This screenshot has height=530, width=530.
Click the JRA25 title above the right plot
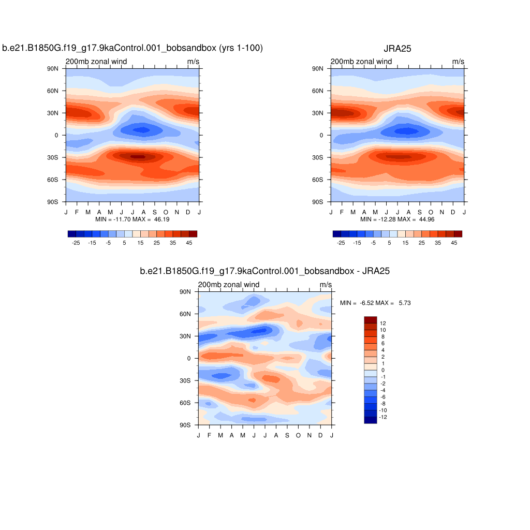coord(397,49)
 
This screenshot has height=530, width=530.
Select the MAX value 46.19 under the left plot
coord(162,219)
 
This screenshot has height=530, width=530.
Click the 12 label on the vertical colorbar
coord(383,323)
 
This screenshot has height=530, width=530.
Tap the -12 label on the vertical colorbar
coord(384,417)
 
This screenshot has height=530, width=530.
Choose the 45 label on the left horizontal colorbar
coord(189,242)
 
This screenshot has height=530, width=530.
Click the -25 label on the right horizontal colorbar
coord(341,242)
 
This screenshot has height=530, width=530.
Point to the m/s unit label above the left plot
coord(193,62)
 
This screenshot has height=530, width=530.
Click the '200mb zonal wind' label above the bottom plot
coord(228,285)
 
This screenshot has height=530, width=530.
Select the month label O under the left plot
coord(166,212)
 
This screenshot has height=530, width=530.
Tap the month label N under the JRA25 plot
coord(442,212)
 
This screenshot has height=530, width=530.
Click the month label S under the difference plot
coord(287,435)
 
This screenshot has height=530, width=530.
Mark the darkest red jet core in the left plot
coord(138,156)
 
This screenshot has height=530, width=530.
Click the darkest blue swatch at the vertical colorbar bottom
coord(371,420)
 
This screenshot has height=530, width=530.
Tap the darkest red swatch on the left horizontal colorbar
coord(193,234)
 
